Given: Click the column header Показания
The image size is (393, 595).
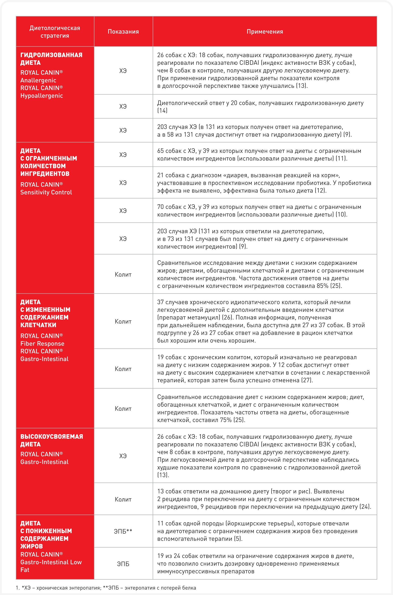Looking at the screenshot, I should (123, 32).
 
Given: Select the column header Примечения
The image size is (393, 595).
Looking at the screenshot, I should (265, 32).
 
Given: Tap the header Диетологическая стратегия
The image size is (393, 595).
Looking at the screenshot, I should (55, 32).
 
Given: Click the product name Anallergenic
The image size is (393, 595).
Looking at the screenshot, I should (38, 80).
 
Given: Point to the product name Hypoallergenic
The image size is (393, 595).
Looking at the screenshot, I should (42, 96).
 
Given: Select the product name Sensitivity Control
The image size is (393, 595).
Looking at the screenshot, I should (46, 192).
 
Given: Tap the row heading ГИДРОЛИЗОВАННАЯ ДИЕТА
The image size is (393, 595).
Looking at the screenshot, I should (51, 59).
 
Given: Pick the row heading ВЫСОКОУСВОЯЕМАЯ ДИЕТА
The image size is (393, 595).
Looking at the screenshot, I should (51, 440).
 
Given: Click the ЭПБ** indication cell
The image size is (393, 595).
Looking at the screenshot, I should (123, 531).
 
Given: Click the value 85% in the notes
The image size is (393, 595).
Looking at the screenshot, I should (322, 286).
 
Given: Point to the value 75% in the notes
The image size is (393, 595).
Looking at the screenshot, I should (226, 420).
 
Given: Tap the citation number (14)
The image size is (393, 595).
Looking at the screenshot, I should (162, 110).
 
